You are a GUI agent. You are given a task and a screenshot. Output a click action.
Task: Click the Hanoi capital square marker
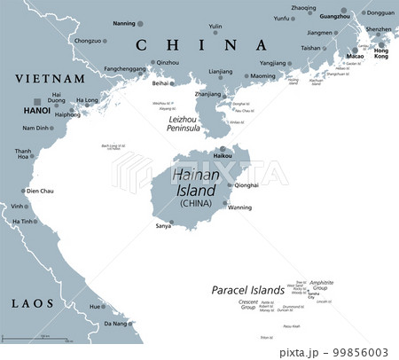[x=35, y=102]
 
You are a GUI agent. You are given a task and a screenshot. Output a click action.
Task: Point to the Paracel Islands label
[x=248, y=290]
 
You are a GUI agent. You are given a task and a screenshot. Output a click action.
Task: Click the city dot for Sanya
[x=171, y=223]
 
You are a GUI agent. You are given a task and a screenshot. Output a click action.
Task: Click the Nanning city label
[x=124, y=23]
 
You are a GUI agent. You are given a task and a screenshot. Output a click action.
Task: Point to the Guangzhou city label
[x=334, y=17]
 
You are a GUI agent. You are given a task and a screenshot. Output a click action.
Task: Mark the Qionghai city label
[x=247, y=185]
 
